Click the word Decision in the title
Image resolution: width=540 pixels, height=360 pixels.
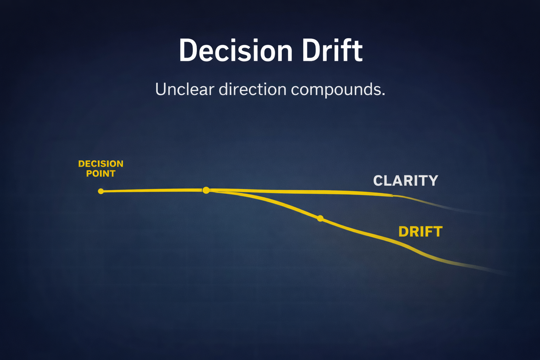tap(236, 51)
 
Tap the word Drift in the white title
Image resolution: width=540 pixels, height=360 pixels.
tap(332, 51)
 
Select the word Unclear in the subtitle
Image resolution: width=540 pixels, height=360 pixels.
tap(185, 89)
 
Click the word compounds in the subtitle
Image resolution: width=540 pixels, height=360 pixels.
tap(335, 90)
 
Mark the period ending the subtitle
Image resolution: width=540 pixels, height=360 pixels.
tap(383, 95)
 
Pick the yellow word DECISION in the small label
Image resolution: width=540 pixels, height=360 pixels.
tap(101, 164)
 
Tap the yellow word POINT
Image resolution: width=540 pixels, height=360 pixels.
tap(101, 174)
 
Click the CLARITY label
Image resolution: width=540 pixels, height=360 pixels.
tap(405, 181)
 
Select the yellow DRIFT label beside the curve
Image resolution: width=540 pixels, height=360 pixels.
tap(420, 232)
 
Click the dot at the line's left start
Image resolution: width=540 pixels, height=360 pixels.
tap(101, 191)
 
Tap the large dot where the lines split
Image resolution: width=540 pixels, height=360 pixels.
tap(206, 190)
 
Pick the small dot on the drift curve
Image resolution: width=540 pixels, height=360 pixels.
tap(320, 219)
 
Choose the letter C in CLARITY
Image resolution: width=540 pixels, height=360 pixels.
tap(378, 181)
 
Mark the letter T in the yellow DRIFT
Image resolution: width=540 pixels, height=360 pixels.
tap(438, 232)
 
